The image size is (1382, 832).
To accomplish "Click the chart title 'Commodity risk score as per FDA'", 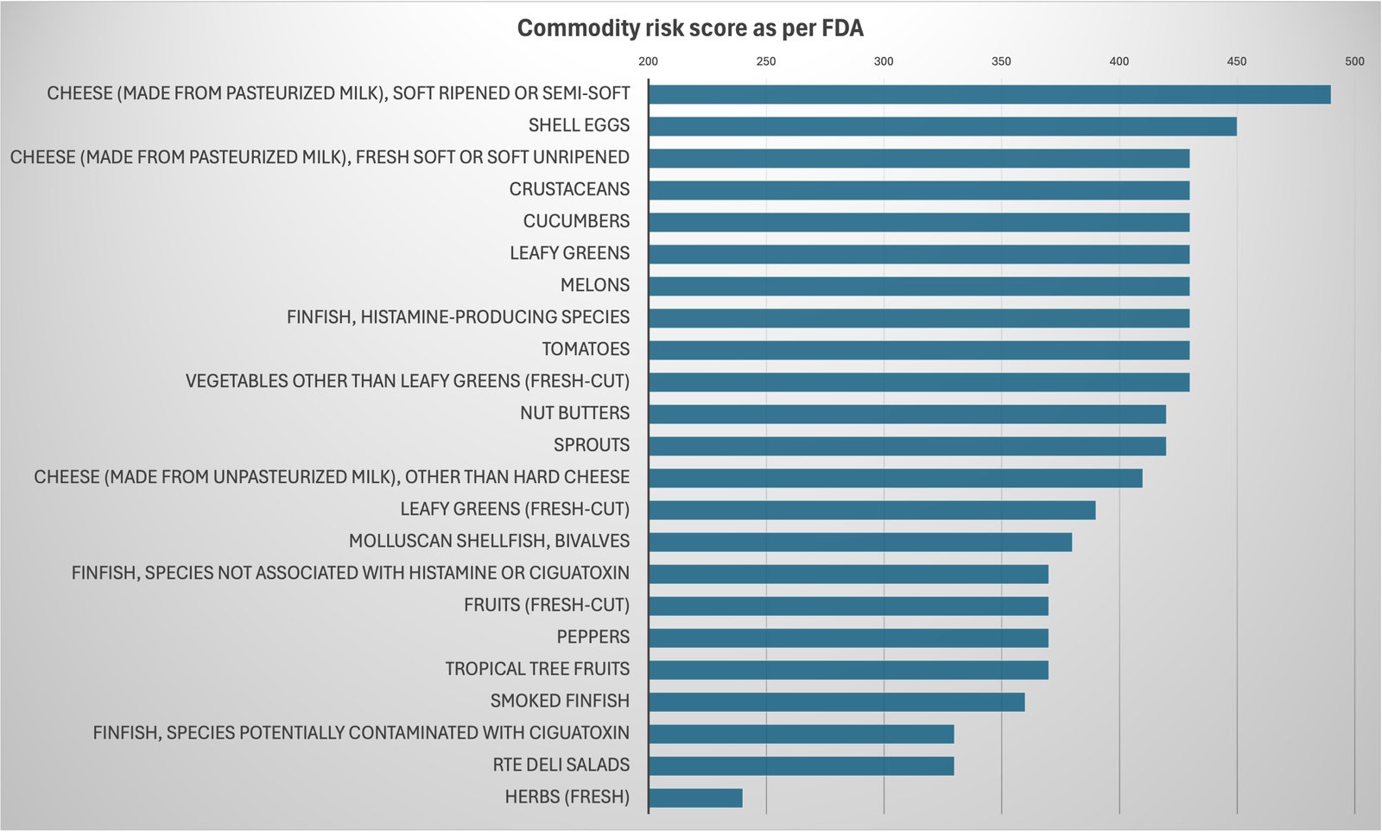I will tap(690, 29).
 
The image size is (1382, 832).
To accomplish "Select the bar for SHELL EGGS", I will tap(942, 126).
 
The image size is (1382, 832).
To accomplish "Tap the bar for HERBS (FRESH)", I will tap(695, 797).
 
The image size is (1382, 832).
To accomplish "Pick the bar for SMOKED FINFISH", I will tap(836, 702).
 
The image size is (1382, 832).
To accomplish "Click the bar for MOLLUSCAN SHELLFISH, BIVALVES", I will tap(859, 542).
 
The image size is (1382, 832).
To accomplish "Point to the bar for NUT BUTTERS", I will tap(907, 414).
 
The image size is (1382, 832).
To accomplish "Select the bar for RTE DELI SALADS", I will tap(801, 765).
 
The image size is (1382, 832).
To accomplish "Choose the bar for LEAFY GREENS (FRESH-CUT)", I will tap(872, 510).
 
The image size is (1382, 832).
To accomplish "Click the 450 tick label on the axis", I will tap(1236, 61).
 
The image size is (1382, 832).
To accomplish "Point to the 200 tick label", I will tap(648, 61).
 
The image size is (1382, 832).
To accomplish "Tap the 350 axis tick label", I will tap(1001, 61).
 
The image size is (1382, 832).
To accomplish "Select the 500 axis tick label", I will tap(1353, 61).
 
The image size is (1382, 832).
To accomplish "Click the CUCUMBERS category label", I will tap(576, 221).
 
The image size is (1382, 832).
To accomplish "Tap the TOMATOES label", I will tap(586, 349).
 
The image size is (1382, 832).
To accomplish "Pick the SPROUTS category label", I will tap(592, 445).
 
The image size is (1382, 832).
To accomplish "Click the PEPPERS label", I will tap(593, 637).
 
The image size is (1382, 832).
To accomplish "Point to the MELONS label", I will tap(595, 285).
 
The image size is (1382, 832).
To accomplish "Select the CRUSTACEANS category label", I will tap(569, 189).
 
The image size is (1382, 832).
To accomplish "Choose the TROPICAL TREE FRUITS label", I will tap(537, 669).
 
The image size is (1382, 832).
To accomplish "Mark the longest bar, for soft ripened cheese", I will tap(989, 94).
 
